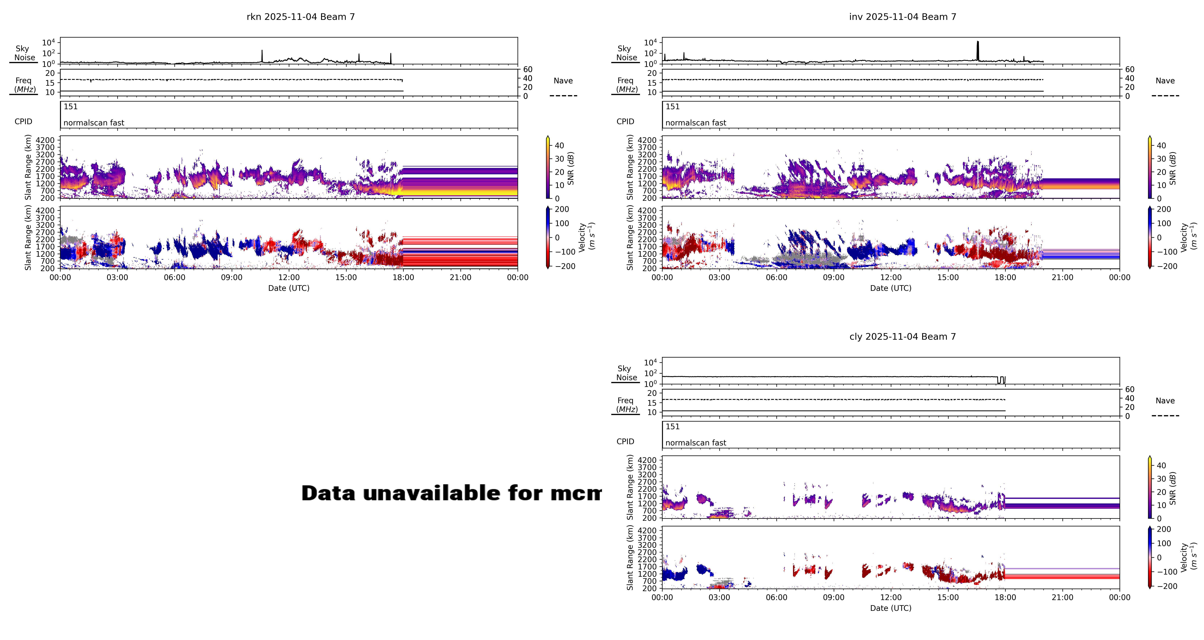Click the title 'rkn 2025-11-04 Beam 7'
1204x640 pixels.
[300, 17]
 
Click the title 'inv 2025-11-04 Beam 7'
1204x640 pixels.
[902, 17]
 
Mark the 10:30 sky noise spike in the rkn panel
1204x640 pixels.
[262, 55]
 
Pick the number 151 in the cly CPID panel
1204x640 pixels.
[673, 426]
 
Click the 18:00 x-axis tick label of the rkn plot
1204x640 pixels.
[403, 278]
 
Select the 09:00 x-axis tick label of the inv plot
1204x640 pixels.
[834, 278]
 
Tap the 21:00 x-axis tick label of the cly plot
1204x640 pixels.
[1062, 598]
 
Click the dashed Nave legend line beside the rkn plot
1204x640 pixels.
[563, 96]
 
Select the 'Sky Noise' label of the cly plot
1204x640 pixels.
[625, 373]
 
